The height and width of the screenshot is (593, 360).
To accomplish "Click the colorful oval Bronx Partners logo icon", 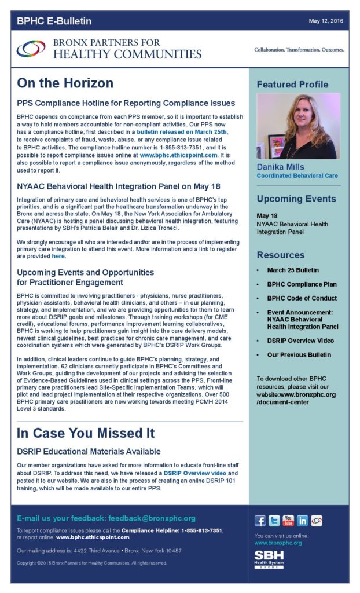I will coord(31,49).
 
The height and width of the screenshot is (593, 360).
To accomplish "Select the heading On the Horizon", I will coord(65,83).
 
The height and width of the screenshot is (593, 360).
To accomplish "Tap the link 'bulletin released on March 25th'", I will coord(182,132).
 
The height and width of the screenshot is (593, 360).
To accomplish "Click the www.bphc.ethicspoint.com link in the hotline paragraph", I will coord(178,155).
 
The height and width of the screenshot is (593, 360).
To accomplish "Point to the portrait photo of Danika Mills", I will coord(298,126).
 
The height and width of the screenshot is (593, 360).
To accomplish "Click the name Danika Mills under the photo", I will coord(281,167).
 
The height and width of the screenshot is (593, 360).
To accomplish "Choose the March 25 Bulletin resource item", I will coord(293,270).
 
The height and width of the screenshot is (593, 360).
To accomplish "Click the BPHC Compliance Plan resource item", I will coord(302,284).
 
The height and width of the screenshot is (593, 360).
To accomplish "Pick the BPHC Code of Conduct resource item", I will coord(302,298).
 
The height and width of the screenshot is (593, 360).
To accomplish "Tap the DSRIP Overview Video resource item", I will coord(300,341).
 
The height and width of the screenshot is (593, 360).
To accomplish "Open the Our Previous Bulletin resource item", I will coord(299,354).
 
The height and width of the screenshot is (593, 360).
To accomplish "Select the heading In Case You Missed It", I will coord(86,433).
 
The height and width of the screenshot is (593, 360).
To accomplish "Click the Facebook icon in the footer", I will coord(260,520).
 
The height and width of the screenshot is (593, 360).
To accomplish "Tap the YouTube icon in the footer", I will coord(288,520).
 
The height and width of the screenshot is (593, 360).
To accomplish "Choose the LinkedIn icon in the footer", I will coord(302,520).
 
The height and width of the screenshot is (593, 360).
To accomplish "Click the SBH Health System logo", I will coord(269,559).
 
